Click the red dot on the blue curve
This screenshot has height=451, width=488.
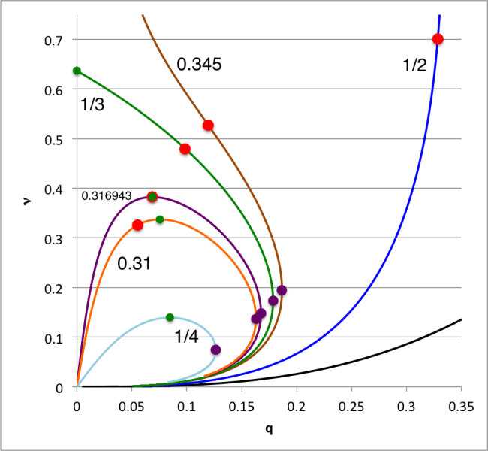coord(438,39)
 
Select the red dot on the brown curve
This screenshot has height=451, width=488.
coord(208,125)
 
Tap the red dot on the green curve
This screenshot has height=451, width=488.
coord(185,149)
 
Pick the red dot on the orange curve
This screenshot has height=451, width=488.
coord(137,225)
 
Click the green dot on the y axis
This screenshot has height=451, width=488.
coord(77,71)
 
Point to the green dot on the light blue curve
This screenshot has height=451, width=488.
coord(170,317)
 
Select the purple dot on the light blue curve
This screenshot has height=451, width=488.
coord(215,350)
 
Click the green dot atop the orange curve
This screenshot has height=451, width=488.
coord(159,219)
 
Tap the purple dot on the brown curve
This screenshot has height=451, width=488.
coord(282,290)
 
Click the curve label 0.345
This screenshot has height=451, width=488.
coord(198,65)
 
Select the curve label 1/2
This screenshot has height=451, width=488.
coord(414,65)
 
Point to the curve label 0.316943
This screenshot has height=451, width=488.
coord(107,196)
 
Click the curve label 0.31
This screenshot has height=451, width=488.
coord(132,264)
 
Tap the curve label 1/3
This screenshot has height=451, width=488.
coord(92,104)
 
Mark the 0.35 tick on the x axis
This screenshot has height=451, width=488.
coord(460,404)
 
